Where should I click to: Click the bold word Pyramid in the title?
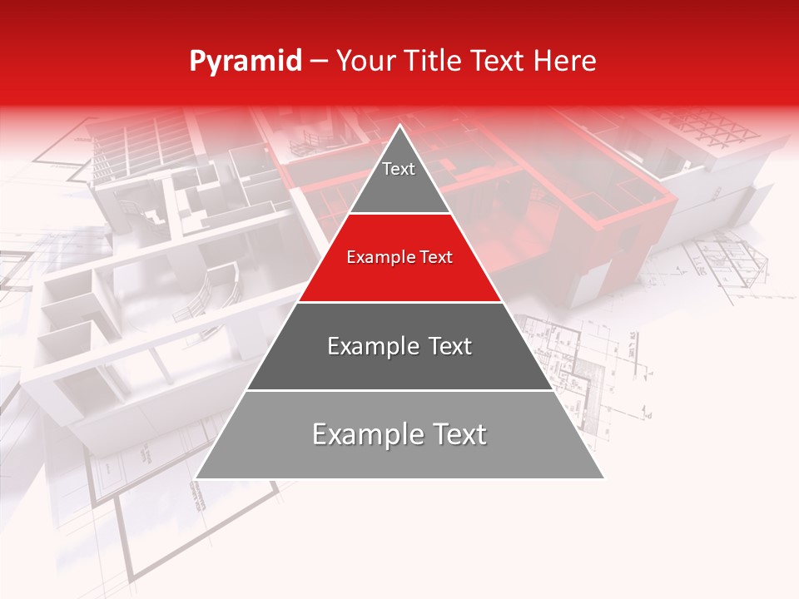pyautogui.click(x=245, y=62)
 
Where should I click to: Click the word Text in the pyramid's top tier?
pyautogui.click(x=398, y=169)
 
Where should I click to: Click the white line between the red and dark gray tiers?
pyautogui.click(x=399, y=302)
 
